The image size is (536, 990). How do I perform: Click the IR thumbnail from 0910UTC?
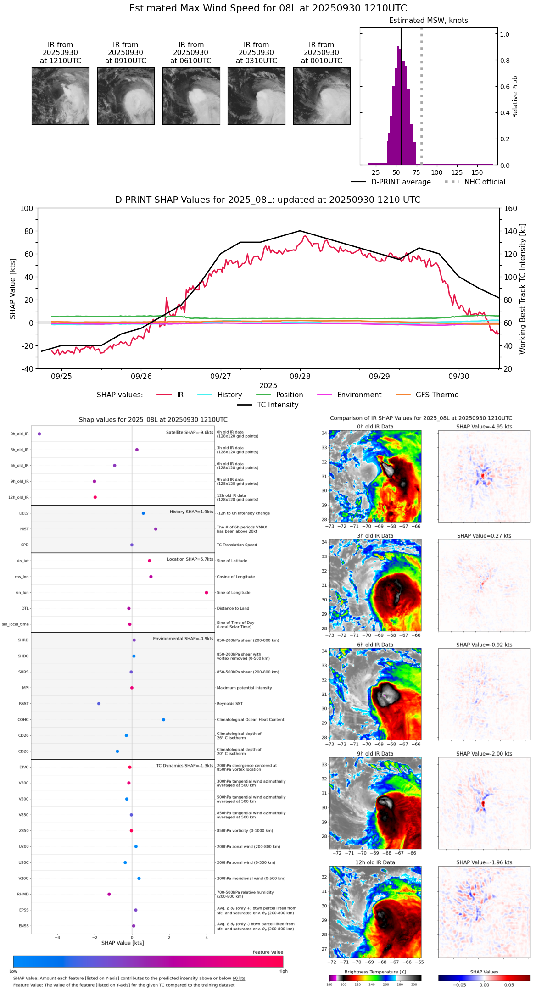pos(126,96)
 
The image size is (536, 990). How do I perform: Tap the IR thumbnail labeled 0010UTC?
pos(322,96)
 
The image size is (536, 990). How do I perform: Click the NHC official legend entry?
pos(475,182)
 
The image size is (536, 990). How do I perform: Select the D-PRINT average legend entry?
pos(391,182)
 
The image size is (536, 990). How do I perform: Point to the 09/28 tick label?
pos(300,376)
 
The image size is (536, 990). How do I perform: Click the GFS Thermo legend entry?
pos(427,395)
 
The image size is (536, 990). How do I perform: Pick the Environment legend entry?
pos(349,395)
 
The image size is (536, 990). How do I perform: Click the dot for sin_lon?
pos(207,593)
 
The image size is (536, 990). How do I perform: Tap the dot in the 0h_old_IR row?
pos(39,434)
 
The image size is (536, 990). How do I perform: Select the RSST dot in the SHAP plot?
pos(99,704)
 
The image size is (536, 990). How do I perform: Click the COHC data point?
pos(163,719)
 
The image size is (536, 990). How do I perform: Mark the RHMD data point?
pos(109,894)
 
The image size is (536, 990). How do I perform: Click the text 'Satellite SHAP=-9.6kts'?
pos(190,432)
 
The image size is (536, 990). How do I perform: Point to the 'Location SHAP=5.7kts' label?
pos(190,559)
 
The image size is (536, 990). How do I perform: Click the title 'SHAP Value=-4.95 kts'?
pos(484,427)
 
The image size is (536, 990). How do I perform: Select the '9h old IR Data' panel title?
pos(375,754)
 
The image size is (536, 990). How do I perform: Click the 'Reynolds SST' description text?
pos(229,704)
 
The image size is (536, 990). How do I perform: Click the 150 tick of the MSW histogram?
pos(477,172)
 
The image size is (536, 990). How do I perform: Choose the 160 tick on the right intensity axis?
pos(511,208)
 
